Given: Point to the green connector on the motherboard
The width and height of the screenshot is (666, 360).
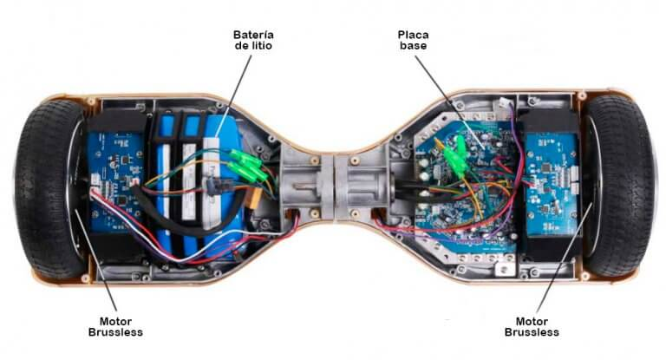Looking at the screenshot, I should tap(453, 156).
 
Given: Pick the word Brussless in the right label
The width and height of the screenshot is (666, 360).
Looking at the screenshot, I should tap(532, 332).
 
